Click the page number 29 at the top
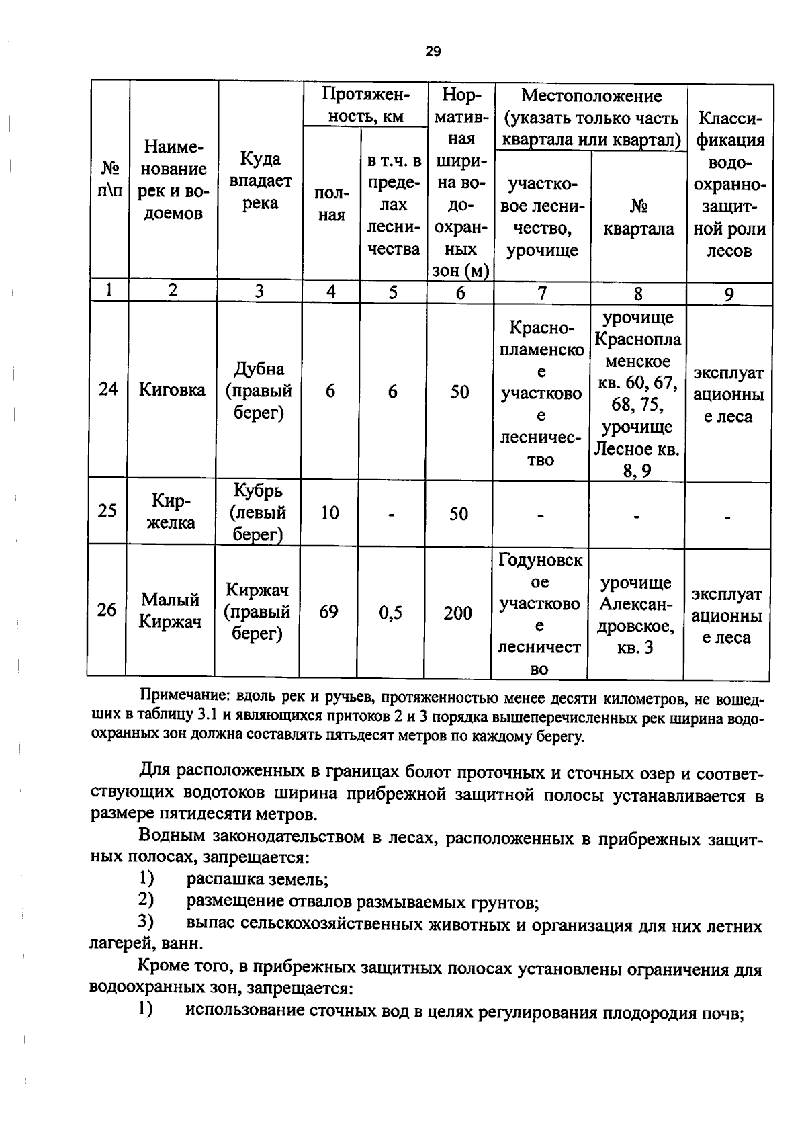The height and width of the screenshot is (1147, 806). click(433, 52)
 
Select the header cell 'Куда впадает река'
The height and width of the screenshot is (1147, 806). click(260, 181)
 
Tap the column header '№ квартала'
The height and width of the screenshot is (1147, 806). click(637, 217)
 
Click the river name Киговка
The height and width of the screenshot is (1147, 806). click(172, 390)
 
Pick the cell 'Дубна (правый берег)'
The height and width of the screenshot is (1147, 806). click(259, 390)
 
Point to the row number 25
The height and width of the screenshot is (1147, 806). click(107, 511)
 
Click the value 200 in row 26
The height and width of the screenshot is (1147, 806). click(457, 613)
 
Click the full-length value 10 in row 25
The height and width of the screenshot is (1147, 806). click(329, 513)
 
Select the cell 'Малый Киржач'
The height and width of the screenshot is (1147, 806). click(171, 610)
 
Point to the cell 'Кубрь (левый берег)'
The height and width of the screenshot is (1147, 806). click(259, 512)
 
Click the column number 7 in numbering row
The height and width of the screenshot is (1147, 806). click(542, 293)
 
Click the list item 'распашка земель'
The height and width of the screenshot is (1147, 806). click(257, 879)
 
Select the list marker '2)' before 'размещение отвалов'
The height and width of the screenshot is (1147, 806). click(146, 900)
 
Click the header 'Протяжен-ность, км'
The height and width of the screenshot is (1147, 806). click(365, 105)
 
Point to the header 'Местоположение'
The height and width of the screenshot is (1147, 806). click(591, 96)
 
